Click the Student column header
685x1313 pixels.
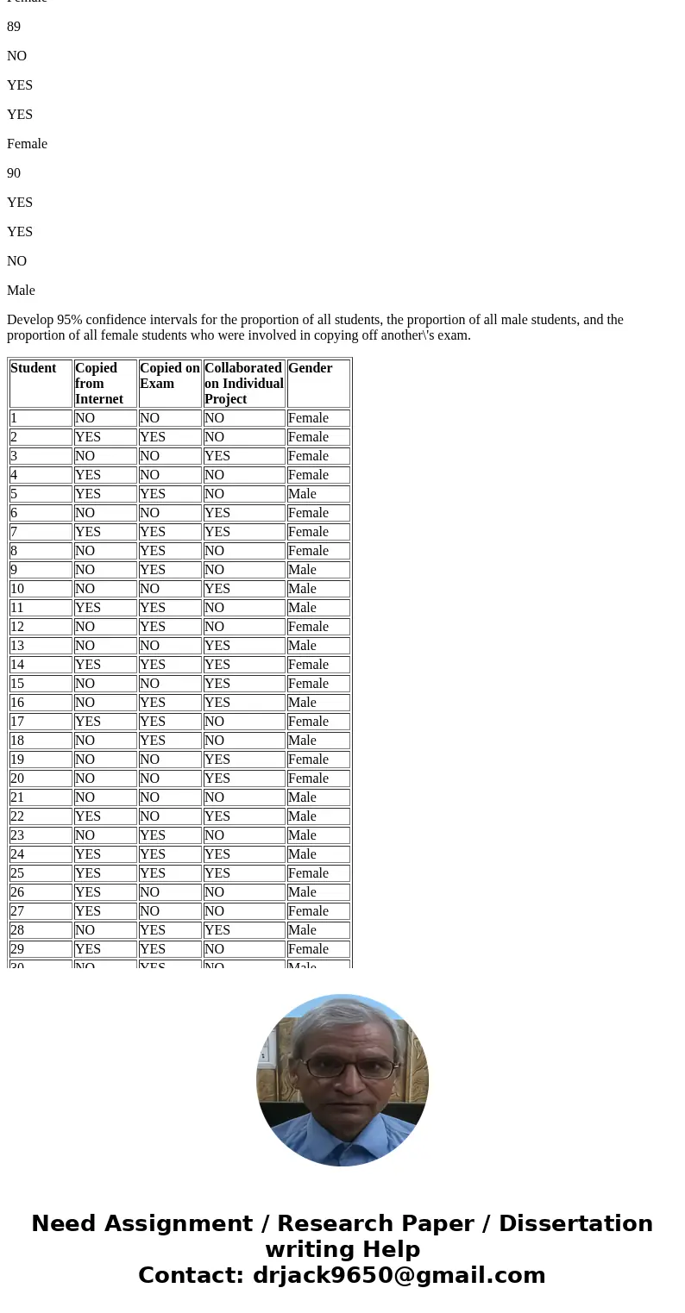pos(34,368)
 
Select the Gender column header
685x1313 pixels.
pos(310,368)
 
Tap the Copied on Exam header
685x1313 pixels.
pos(169,376)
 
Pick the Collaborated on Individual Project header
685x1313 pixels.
pos(243,384)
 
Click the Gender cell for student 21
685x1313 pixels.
pos(302,797)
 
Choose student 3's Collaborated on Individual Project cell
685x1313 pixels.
pos(217,456)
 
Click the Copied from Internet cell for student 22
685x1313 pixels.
pos(87,816)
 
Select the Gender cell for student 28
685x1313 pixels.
pos(302,930)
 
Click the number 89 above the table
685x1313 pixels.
pos(14,27)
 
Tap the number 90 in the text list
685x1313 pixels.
pos(14,173)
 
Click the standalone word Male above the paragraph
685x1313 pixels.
pos(21,291)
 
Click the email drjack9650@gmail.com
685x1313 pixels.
pos(399,1275)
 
